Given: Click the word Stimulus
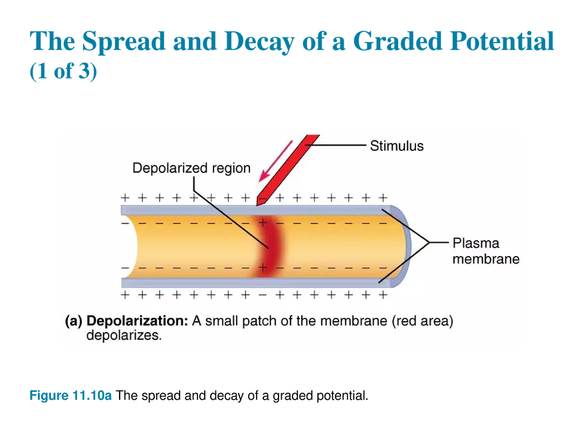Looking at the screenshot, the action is (x=397, y=146).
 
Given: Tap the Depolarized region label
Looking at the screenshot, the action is (x=191, y=168).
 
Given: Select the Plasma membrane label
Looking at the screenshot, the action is (x=486, y=251).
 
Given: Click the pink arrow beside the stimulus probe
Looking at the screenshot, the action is (x=276, y=161).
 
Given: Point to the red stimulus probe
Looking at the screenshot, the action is (x=287, y=170).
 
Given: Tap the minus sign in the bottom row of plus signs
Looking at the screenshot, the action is (x=263, y=295).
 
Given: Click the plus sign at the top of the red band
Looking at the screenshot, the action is (x=263, y=223).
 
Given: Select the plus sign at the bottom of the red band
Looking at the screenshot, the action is (x=263, y=267).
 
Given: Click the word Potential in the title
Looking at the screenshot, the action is (x=502, y=41).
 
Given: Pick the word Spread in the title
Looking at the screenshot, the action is (x=124, y=42).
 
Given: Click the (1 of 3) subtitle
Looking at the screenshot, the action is (x=63, y=71).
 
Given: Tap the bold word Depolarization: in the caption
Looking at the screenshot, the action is (x=138, y=321).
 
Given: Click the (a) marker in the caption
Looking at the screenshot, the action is (x=74, y=321).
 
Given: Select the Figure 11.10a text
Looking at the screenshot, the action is (x=70, y=395).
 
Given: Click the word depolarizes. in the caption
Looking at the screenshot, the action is (x=124, y=335).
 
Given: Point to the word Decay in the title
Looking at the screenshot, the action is (x=259, y=42).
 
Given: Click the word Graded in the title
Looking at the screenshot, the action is (x=398, y=41).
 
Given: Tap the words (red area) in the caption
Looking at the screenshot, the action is (x=422, y=321).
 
